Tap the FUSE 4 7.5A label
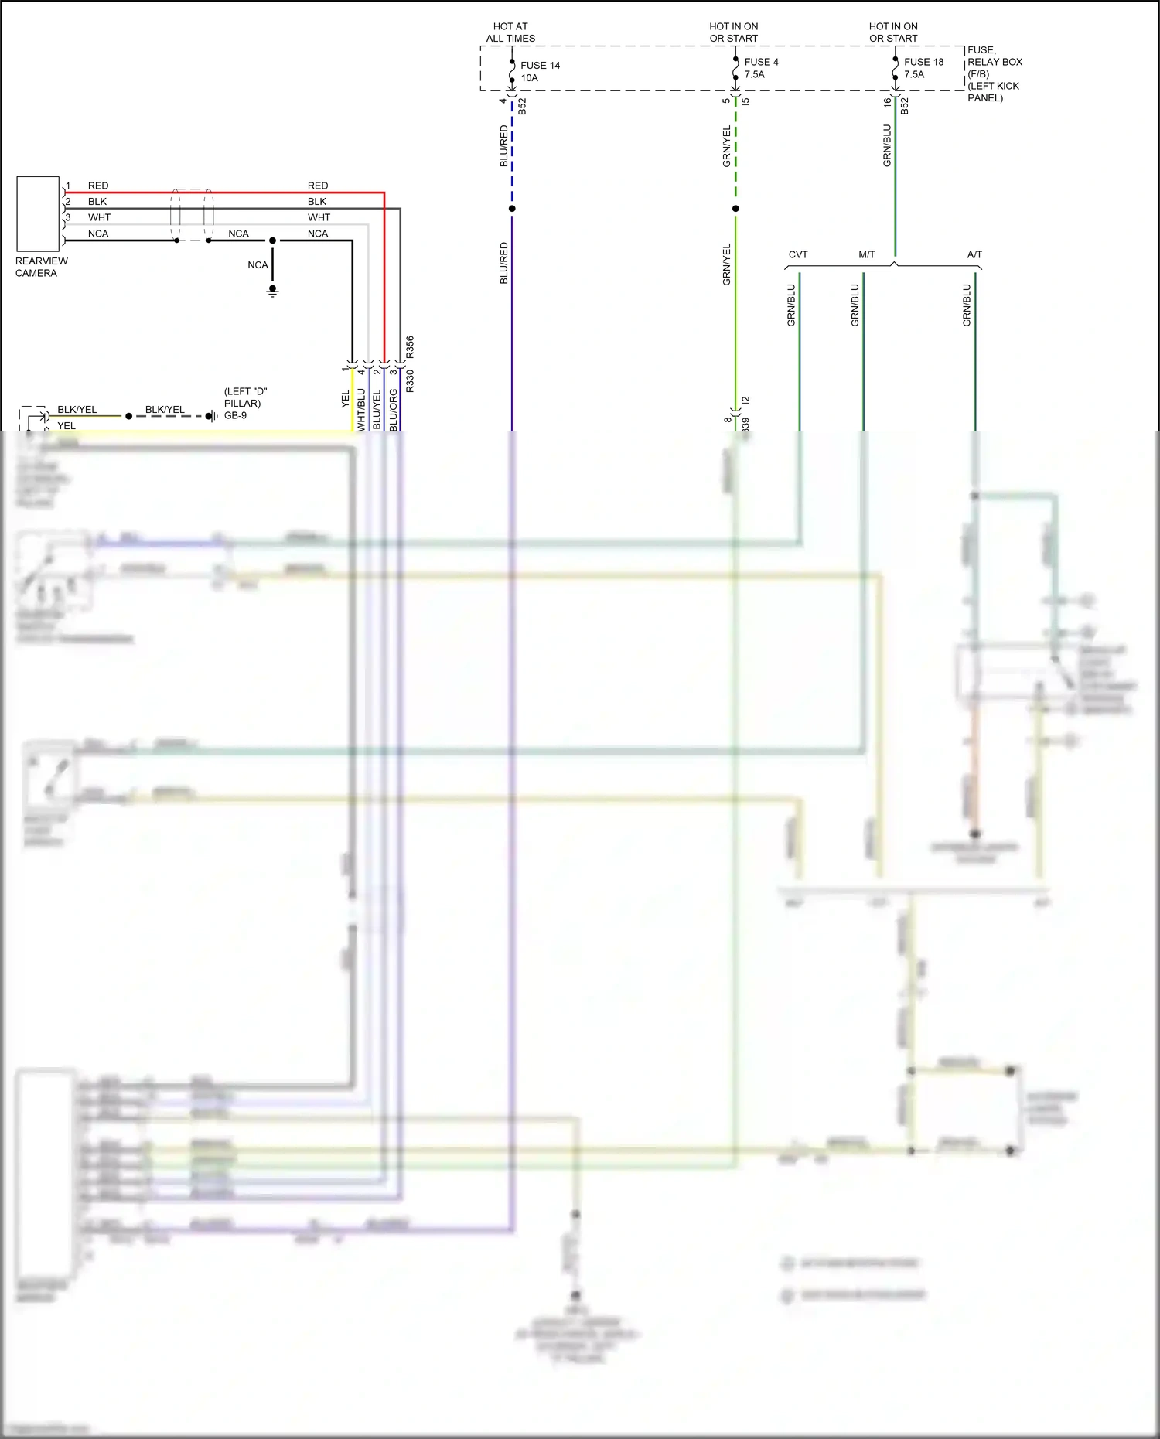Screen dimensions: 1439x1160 click(x=761, y=68)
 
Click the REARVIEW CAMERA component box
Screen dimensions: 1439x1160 click(x=38, y=213)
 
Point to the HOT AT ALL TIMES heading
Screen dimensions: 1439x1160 click(x=510, y=32)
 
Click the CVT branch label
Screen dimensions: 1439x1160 click(x=798, y=254)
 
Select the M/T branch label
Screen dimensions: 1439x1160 click(x=867, y=254)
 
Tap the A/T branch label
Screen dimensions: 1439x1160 click(x=974, y=254)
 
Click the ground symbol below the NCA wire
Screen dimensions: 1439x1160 click(x=272, y=292)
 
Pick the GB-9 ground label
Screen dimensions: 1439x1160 click(x=236, y=415)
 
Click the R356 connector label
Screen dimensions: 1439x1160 click(x=410, y=346)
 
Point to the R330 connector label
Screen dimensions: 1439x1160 click(x=410, y=381)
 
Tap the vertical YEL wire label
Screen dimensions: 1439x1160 click(x=346, y=399)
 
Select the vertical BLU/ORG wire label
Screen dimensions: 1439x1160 click(x=394, y=410)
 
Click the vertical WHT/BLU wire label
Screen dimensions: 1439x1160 click(x=361, y=410)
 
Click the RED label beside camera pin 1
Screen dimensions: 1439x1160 click(x=98, y=186)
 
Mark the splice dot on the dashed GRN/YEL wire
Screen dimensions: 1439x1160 click(x=735, y=209)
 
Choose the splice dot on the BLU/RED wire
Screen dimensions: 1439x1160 click(x=512, y=209)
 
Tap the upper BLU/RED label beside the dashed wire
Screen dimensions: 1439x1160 click(x=504, y=146)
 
